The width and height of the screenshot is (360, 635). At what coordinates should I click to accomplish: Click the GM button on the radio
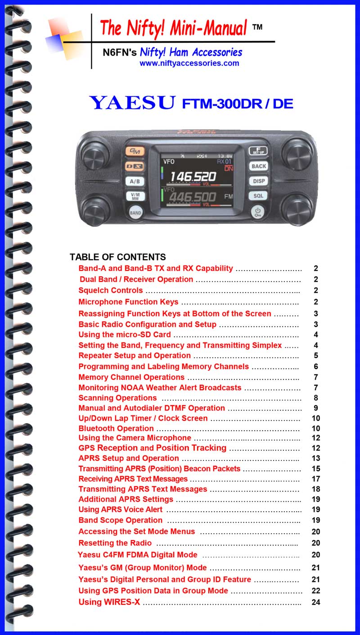pos(135,151)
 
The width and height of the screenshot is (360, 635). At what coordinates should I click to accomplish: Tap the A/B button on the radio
pos(135,181)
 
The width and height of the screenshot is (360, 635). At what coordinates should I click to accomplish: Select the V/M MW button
pos(135,196)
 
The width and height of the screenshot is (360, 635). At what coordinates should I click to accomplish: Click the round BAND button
pos(135,212)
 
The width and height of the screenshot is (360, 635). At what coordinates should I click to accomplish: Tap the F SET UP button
pos(258,151)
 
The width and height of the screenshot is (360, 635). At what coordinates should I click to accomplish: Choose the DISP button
pos(258,181)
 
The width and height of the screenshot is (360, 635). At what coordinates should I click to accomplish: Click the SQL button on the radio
pos(258,196)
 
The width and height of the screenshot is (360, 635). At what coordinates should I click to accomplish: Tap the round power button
pos(258,212)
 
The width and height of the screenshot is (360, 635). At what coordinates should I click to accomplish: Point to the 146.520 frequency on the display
pos(193,177)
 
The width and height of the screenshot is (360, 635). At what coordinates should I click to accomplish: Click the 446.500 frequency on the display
pos(193,197)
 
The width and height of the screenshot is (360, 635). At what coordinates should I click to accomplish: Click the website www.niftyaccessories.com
pos(189,63)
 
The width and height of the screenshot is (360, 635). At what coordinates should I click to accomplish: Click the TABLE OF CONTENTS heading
pos(117,257)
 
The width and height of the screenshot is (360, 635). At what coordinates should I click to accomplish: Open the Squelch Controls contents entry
pos(111,290)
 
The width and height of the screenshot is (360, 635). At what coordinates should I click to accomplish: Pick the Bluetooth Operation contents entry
pos(116,428)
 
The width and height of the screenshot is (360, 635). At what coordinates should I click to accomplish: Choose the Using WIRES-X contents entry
pos(109,602)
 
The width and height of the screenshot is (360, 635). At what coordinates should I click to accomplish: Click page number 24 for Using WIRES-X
pos(316,602)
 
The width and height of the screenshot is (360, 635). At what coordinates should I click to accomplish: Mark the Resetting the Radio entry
pos(115,543)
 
